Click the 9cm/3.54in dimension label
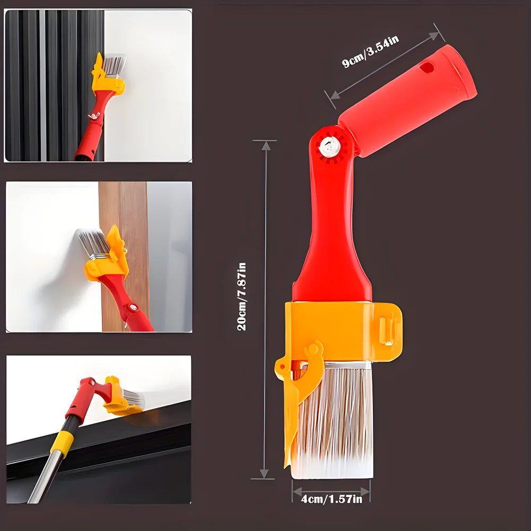(370, 51)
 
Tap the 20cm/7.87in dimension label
(242, 297)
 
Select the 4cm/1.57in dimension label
(332, 499)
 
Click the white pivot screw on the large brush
(329, 146)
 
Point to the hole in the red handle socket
(426, 67)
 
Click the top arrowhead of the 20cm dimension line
(266, 146)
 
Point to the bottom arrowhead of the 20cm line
(264, 473)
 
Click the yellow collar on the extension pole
(62, 441)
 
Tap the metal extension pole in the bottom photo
(46, 478)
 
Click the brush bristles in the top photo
(114, 65)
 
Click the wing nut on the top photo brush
(94, 116)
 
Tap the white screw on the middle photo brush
(134, 308)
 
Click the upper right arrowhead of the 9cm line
(434, 36)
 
